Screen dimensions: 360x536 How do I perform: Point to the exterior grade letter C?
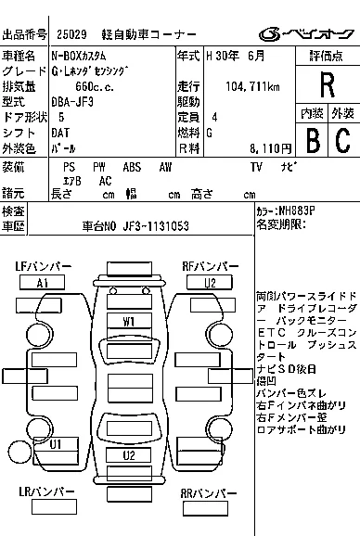click(x=341, y=140)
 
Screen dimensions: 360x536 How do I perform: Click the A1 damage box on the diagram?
click(x=43, y=283)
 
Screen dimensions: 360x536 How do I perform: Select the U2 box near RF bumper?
click(x=211, y=283)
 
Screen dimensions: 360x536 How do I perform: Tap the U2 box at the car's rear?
click(x=129, y=455)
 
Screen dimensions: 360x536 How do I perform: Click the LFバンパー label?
click(x=43, y=267)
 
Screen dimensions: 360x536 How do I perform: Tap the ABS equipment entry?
click(x=132, y=166)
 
